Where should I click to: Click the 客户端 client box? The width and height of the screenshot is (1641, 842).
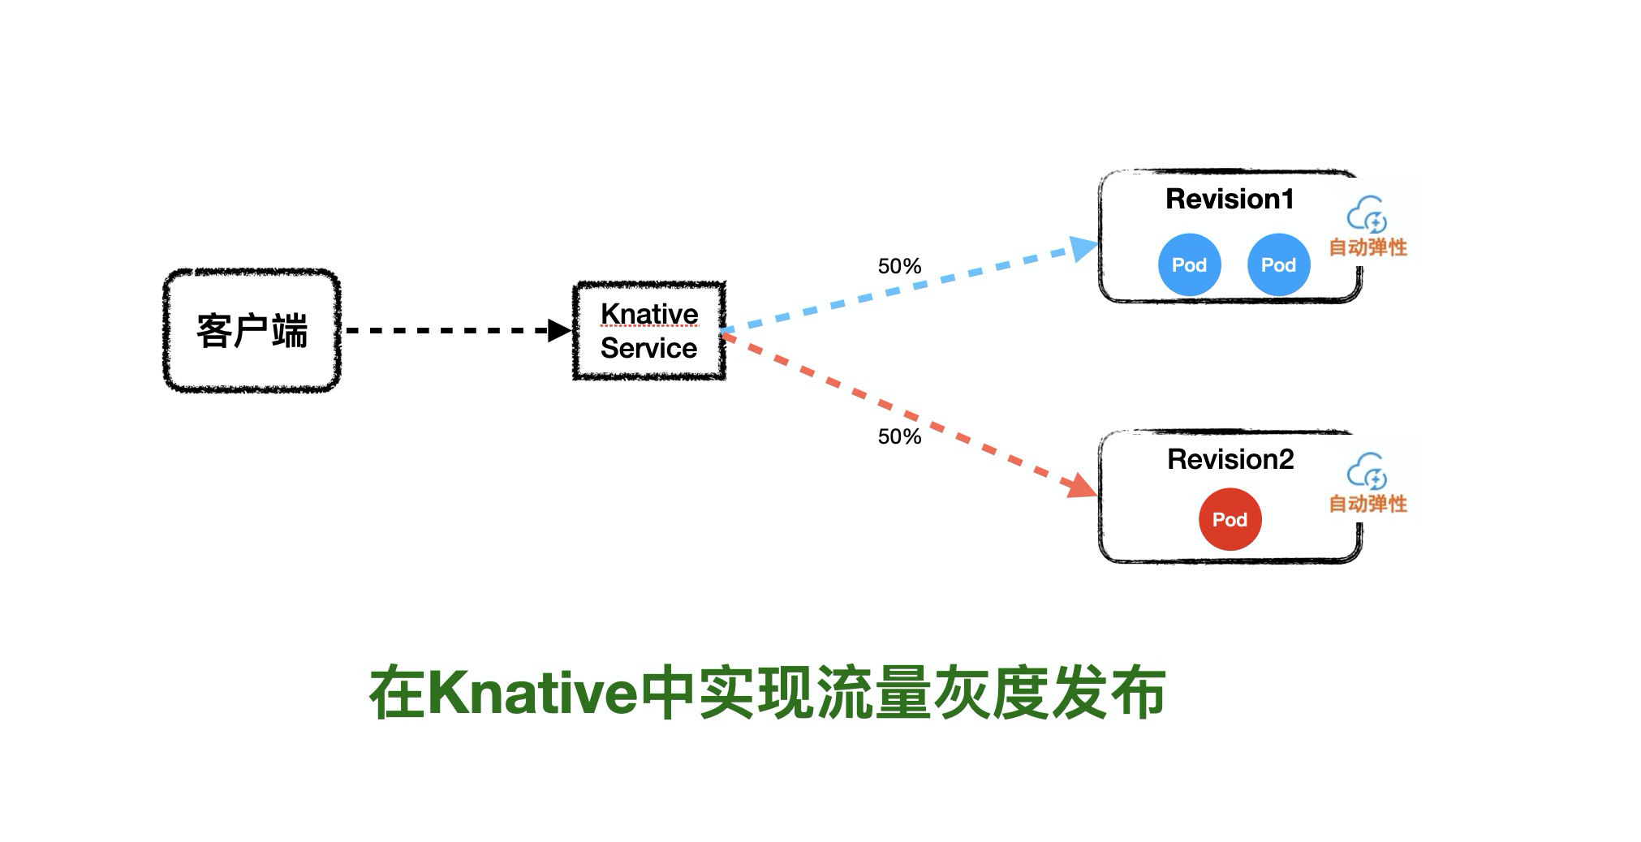tap(252, 331)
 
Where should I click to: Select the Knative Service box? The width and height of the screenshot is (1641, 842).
tap(649, 331)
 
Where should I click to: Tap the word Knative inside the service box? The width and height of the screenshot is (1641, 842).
tap(649, 314)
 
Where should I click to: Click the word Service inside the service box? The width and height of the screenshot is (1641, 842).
tap(648, 349)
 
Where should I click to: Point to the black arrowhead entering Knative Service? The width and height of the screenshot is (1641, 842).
tap(560, 330)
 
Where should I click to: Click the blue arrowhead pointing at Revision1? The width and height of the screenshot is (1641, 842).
tap(1083, 247)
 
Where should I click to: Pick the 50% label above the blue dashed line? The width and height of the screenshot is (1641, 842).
tap(899, 266)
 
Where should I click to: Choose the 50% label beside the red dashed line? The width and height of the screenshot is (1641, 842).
tap(899, 436)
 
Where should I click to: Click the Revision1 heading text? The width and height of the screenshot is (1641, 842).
tap(1230, 200)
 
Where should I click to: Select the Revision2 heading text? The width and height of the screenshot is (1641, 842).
tap(1230, 460)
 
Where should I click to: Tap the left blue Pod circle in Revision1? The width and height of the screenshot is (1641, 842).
tap(1189, 264)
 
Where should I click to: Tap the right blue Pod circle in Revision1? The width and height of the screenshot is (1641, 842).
tap(1278, 264)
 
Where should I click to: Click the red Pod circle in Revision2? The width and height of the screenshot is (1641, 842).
tap(1230, 519)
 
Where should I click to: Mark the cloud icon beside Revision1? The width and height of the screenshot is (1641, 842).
tap(1367, 214)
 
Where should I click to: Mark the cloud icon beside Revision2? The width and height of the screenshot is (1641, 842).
tap(1367, 470)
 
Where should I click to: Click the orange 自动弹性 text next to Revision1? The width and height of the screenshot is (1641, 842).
tap(1367, 247)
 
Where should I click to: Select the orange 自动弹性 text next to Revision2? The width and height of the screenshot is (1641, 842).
tap(1367, 504)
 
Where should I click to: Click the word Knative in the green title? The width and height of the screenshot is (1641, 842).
tap(532, 694)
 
